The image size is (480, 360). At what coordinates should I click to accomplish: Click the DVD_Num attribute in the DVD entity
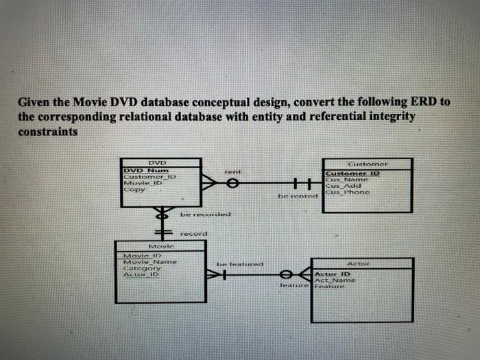(140, 170)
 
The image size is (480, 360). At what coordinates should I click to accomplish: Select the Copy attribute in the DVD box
(134, 190)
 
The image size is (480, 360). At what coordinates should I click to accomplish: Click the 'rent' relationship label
(232, 170)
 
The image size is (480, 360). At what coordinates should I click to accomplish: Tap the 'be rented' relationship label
(296, 196)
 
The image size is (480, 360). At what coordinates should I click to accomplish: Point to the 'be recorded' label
(205, 215)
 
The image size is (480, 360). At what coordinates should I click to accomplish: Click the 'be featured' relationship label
(239, 263)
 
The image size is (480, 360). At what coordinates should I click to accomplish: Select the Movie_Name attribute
(149, 262)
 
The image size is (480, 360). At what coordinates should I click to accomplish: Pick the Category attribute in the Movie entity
(141, 268)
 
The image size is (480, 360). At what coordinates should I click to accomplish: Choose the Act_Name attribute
(335, 281)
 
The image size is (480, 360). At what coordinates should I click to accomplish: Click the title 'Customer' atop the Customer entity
(368, 165)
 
